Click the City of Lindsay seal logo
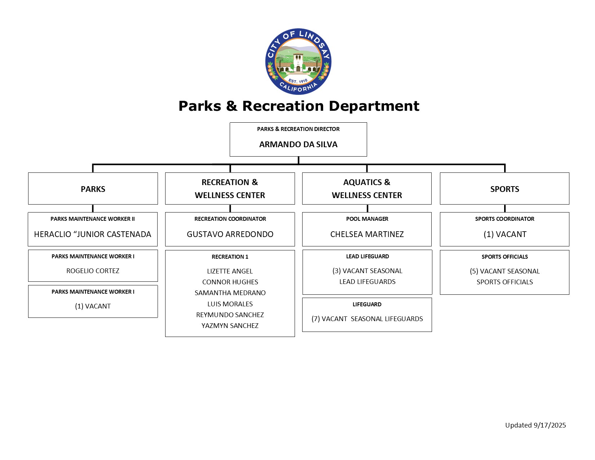coord(298,62)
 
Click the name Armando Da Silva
coord(298,145)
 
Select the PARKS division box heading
coord(93,189)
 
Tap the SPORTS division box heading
coord(504,189)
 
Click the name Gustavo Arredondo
coord(230,235)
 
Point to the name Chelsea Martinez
coord(367,235)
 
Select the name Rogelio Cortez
coord(93,271)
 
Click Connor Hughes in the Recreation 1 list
coord(230,282)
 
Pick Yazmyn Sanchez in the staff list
coord(230,326)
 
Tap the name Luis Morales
coord(230,304)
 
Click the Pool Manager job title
coord(367,219)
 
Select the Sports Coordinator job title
coord(504,219)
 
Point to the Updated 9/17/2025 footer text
coord(535,425)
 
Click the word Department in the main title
coord(374,106)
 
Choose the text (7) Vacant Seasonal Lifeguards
coord(367,319)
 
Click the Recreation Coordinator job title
coord(230,219)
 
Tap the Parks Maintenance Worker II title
coord(93,219)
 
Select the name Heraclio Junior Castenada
coord(93,235)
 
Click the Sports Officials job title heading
coord(504,257)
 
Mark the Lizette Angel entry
coord(230,271)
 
